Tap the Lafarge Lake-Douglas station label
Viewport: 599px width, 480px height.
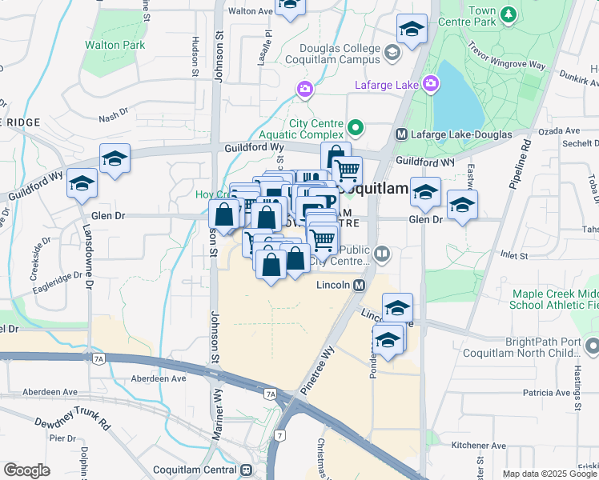pyautogui.click(x=460, y=134)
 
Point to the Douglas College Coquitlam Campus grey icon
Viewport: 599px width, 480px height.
pyautogui.click(x=392, y=54)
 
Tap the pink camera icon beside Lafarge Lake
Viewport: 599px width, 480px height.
pyautogui.click(x=432, y=82)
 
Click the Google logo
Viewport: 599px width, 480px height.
pyautogui.click(x=26, y=470)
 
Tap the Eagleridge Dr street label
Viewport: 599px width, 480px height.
pyautogui.click(x=56, y=276)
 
